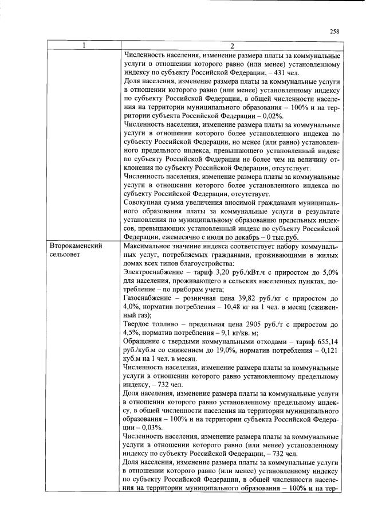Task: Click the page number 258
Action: click(x=335, y=33)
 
